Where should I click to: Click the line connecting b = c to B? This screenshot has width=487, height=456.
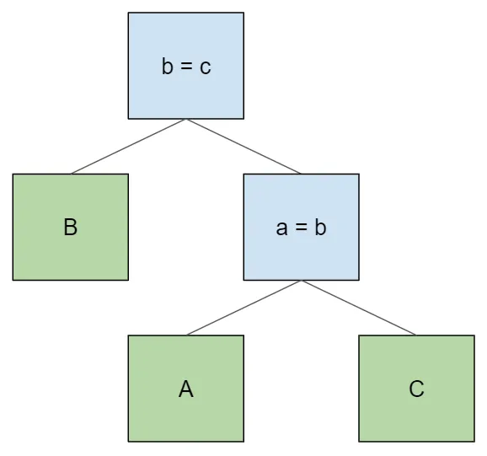(128, 146)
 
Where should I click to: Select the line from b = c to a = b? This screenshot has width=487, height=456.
(243, 146)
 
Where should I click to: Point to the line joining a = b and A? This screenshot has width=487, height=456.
(243, 308)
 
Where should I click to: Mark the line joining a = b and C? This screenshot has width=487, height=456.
(359, 308)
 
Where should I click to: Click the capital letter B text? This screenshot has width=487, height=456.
(71, 227)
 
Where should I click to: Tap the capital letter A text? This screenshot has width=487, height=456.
(186, 389)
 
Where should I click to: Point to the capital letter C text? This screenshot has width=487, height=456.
(416, 389)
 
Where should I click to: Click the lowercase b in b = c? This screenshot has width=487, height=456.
(168, 66)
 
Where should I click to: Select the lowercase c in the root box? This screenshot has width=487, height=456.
(206, 67)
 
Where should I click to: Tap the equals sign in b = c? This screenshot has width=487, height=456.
(186, 67)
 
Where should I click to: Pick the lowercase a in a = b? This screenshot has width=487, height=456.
(282, 228)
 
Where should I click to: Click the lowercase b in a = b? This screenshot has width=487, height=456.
(320, 227)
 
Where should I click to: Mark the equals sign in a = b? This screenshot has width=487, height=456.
(301, 228)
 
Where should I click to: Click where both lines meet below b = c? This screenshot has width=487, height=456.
(186, 120)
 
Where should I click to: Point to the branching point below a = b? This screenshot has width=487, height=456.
(301, 281)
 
